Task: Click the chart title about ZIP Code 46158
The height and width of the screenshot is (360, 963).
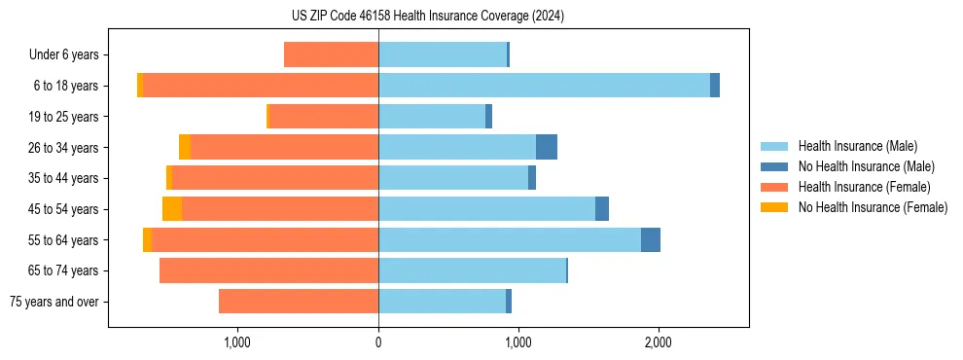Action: pyautogui.click(x=427, y=17)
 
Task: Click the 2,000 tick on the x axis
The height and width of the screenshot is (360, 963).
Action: pyautogui.click(x=659, y=342)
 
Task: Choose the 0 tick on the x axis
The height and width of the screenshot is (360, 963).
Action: pyautogui.click(x=378, y=342)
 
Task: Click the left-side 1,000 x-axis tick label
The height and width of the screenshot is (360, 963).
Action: pyautogui.click(x=238, y=342)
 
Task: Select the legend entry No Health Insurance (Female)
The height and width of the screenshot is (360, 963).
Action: pyautogui.click(x=873, y=207)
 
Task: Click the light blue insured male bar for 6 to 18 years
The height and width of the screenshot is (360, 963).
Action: pyautogui.click(x=544, y=86)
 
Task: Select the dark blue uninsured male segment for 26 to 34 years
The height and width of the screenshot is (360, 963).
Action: pyautogui.click(x=547, y=147)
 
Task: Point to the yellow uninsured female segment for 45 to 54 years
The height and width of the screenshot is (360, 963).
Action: pyautogui.click(x=172, y=209)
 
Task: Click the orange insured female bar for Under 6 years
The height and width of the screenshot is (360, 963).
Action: pyautogui.click(x=331, y=54)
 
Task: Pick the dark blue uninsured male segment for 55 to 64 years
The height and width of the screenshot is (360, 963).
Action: pyautogui.click(x=651, y=240)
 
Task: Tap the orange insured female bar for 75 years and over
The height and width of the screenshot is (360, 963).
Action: pyautogui.click(x=299, y=302)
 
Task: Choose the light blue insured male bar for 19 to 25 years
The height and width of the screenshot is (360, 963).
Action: pyautogui.click(x=432, y=117)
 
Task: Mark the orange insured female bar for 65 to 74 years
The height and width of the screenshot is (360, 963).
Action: pyautogui.click(x=268, y=270)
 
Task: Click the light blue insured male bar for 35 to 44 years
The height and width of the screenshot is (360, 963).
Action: pyautogui.click(x=453, y=178)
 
